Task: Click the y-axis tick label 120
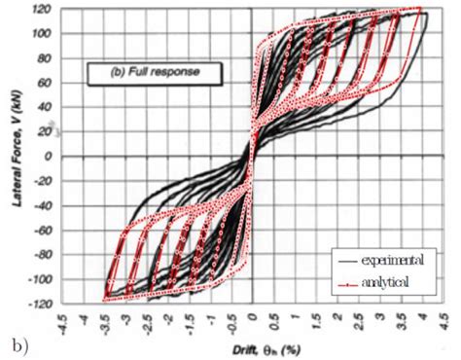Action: [x=41, y=10]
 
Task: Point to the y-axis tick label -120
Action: [x=40, y=302]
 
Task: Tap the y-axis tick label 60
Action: [x=45, y=83]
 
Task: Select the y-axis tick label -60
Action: [x=42, y=229]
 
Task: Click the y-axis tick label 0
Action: [x=49, y=156]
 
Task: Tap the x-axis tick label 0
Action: [x=251, y=317]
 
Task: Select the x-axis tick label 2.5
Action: [x=359, y=319]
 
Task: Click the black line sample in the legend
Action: [x=343, y=260]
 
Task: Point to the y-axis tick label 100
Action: [x=41, y=34]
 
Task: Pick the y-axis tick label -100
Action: [x=40, y=278]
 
